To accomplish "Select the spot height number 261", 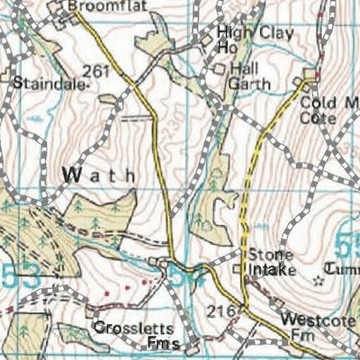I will [x=100, y=71].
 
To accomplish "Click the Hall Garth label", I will [x=247, y=76].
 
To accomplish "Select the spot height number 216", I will [x=227, y=310].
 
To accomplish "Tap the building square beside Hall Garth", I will [x=219, y=68].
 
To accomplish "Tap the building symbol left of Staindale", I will [x=16, y=79].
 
